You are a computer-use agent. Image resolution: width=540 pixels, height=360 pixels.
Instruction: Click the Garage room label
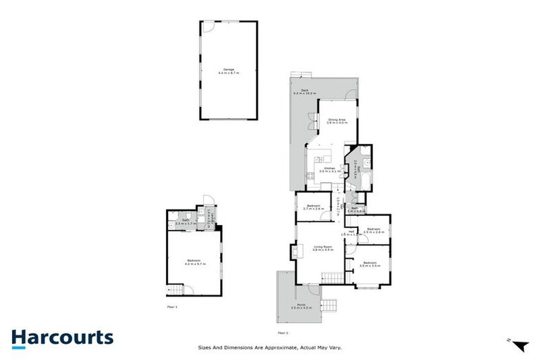(x=228, y=70)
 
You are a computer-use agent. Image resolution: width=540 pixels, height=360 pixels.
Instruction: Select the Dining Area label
(x=337, y=121)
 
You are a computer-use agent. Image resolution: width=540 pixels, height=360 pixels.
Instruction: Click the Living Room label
(x=323, y=248)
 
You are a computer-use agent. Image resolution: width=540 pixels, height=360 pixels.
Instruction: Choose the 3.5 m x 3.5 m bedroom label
(x=370, y=264)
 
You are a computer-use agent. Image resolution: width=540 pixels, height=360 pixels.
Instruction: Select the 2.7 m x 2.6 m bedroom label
(x=313, y=207)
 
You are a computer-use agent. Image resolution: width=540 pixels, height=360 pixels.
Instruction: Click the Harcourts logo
(x=62, y=337)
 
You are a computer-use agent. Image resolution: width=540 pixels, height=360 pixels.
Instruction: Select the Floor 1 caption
(x=172, y=308)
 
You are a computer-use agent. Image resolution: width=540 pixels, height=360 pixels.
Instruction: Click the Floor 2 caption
(x=283, y=332)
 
